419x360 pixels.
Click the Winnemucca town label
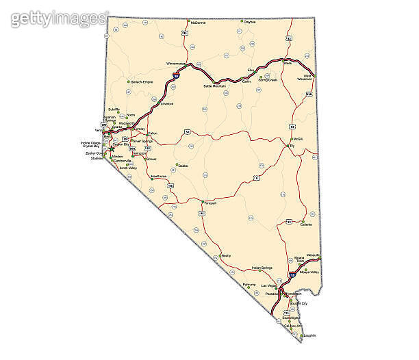pyautogui.click(x=176, y=63)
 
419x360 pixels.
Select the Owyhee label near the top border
pyautogui.click(x=250, y=21)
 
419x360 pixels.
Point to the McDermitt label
pyautogui.click(x=199, y=22)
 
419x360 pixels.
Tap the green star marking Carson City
pyautogui.click(x=112, y=148)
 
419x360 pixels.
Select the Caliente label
pyautogui.click(x=305, y=224)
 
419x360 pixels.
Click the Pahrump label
pyautogui.click(x=250, y=284)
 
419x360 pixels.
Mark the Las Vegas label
pyautogui.click(x=268, y=284)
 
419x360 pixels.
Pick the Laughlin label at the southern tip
pyautogui.click(x=309, y=335)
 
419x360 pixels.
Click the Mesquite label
pyautogui.click(x=314, y=255)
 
